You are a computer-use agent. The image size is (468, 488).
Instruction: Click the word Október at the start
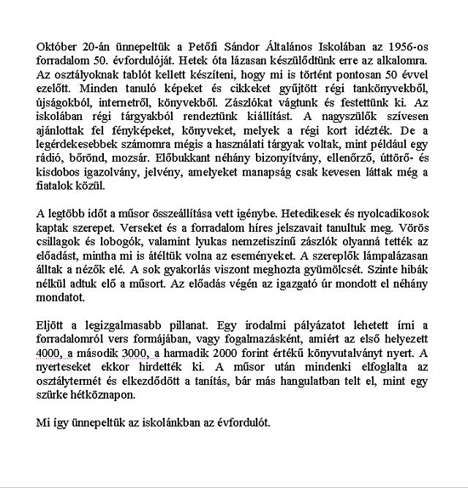[56, 47]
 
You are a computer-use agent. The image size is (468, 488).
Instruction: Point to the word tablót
[157, 75]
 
